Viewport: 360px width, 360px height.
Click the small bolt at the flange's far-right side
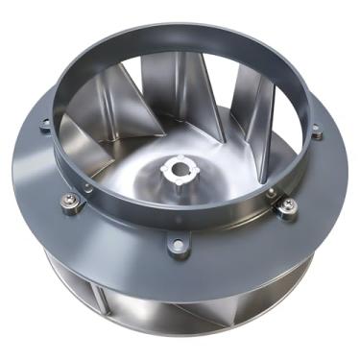point(316,132)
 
